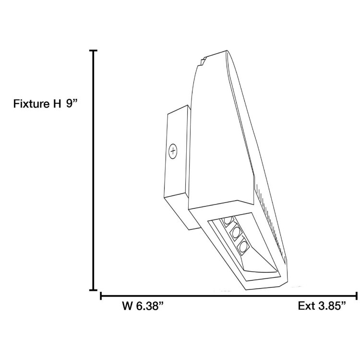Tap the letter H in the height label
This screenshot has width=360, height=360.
[x=57, y=103]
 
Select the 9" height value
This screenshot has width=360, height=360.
[x=72, y=103]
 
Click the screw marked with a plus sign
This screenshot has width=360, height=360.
[x=173, y=151]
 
